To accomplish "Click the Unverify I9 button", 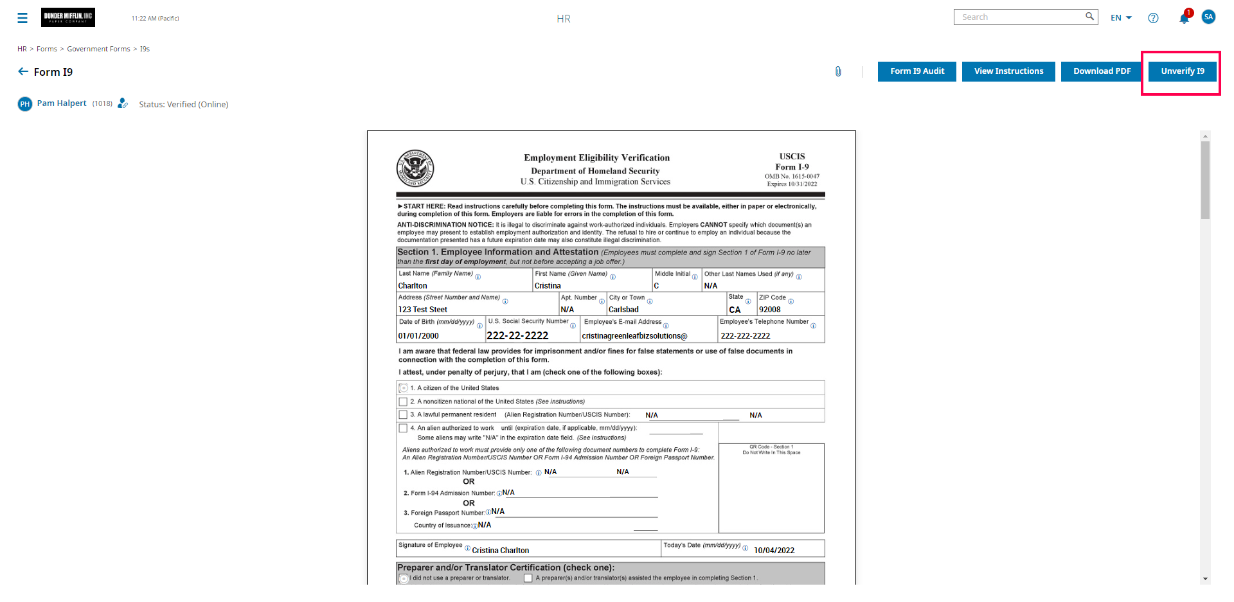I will (1182, 71).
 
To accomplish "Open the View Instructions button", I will (1008, 71).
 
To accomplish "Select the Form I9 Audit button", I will (917, 71).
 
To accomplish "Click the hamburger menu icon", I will (22, 18).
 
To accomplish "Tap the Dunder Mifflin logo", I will (68, 17).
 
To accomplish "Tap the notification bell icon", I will (1184, 18).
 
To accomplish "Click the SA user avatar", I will (1208, 17).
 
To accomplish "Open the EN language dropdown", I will (1121, 18).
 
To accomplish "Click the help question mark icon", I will (1153, 18).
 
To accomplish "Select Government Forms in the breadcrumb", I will (98, 49).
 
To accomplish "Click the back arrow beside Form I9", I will (23, 72).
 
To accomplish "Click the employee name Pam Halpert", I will (62, 103).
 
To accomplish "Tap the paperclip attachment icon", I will (838, 71).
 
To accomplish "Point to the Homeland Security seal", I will (415, 168).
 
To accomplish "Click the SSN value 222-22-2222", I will (517, 335).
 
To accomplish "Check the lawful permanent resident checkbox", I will (403, 415).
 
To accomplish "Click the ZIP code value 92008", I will (769, 310).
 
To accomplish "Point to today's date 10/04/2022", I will (774, 551).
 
